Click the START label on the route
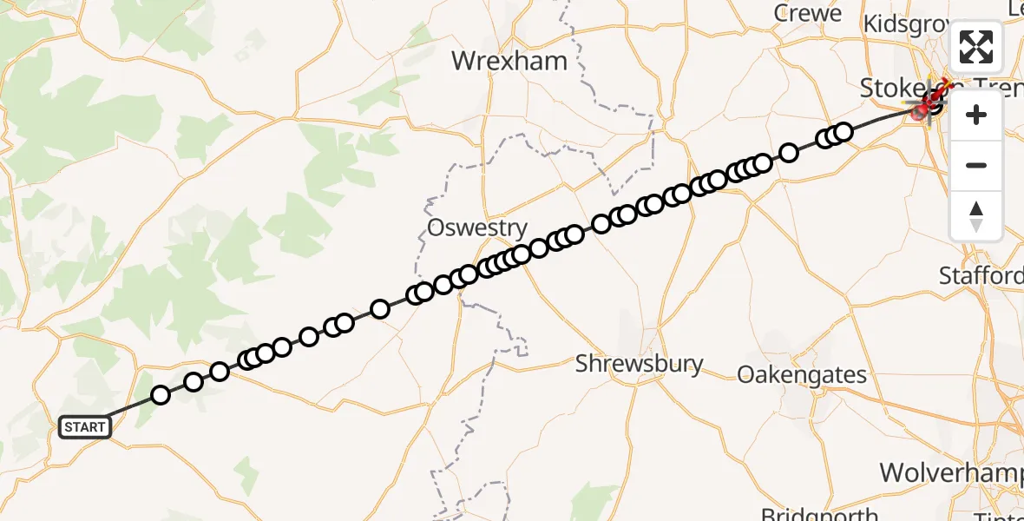[85, 427]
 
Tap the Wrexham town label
[509, 62]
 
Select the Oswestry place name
[476, 228]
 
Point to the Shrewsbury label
[640, 363]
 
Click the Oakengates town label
[801, 374]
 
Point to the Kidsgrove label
[907, 23]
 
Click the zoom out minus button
[976, 166]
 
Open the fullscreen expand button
[976, 47]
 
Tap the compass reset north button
[976, 215]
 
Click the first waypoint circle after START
[161, 395]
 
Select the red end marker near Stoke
[922, 110]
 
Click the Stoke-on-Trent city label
[903, 87]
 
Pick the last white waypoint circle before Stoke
[843, 132]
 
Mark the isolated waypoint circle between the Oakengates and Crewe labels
[789, 153]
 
